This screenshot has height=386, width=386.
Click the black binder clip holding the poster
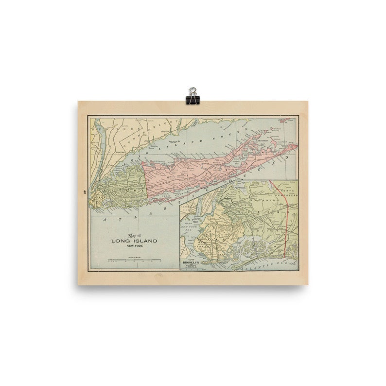[x=193, y=96]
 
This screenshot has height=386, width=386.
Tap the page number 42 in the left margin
[x=85, y=192]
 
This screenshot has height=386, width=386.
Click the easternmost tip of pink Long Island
[x=296, y=144]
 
